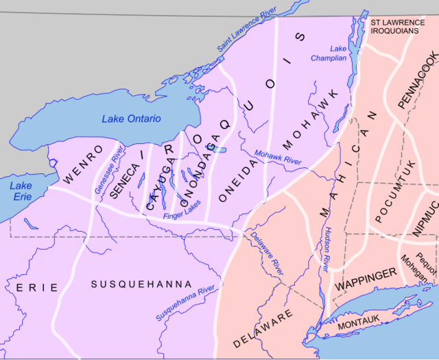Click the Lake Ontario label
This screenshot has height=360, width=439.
[x=131, y=119]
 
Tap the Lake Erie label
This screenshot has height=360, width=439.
[x=21, y=191]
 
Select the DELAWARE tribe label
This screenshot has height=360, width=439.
[x=263, y=328]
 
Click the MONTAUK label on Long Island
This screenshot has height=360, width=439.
[x=359, y=321]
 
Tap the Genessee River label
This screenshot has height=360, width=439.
[x=110, y=168]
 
